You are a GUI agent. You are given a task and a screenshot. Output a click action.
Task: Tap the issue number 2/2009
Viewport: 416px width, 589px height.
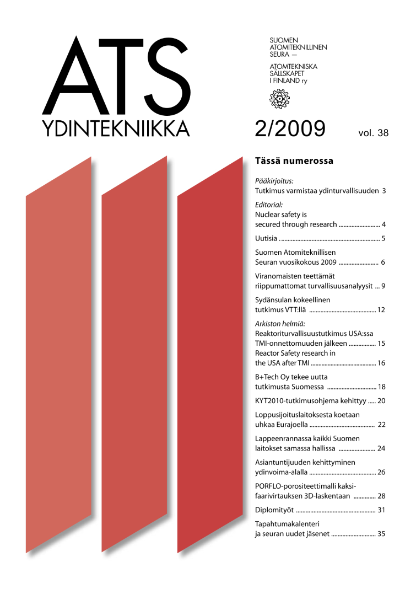point(290,127)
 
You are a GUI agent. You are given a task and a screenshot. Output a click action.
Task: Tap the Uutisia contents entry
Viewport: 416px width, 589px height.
point(266,239)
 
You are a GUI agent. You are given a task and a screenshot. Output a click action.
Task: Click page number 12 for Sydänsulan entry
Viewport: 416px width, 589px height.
point(381,309)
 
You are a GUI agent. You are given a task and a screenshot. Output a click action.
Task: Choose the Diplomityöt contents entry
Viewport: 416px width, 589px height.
point(275,510)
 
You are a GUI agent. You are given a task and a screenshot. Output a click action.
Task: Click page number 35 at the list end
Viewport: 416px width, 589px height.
point(381,534)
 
